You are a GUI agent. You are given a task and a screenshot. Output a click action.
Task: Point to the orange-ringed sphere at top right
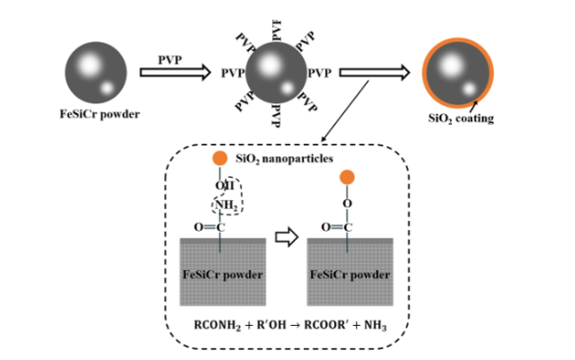457,75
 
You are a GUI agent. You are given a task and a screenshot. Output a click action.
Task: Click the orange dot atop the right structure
349,176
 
